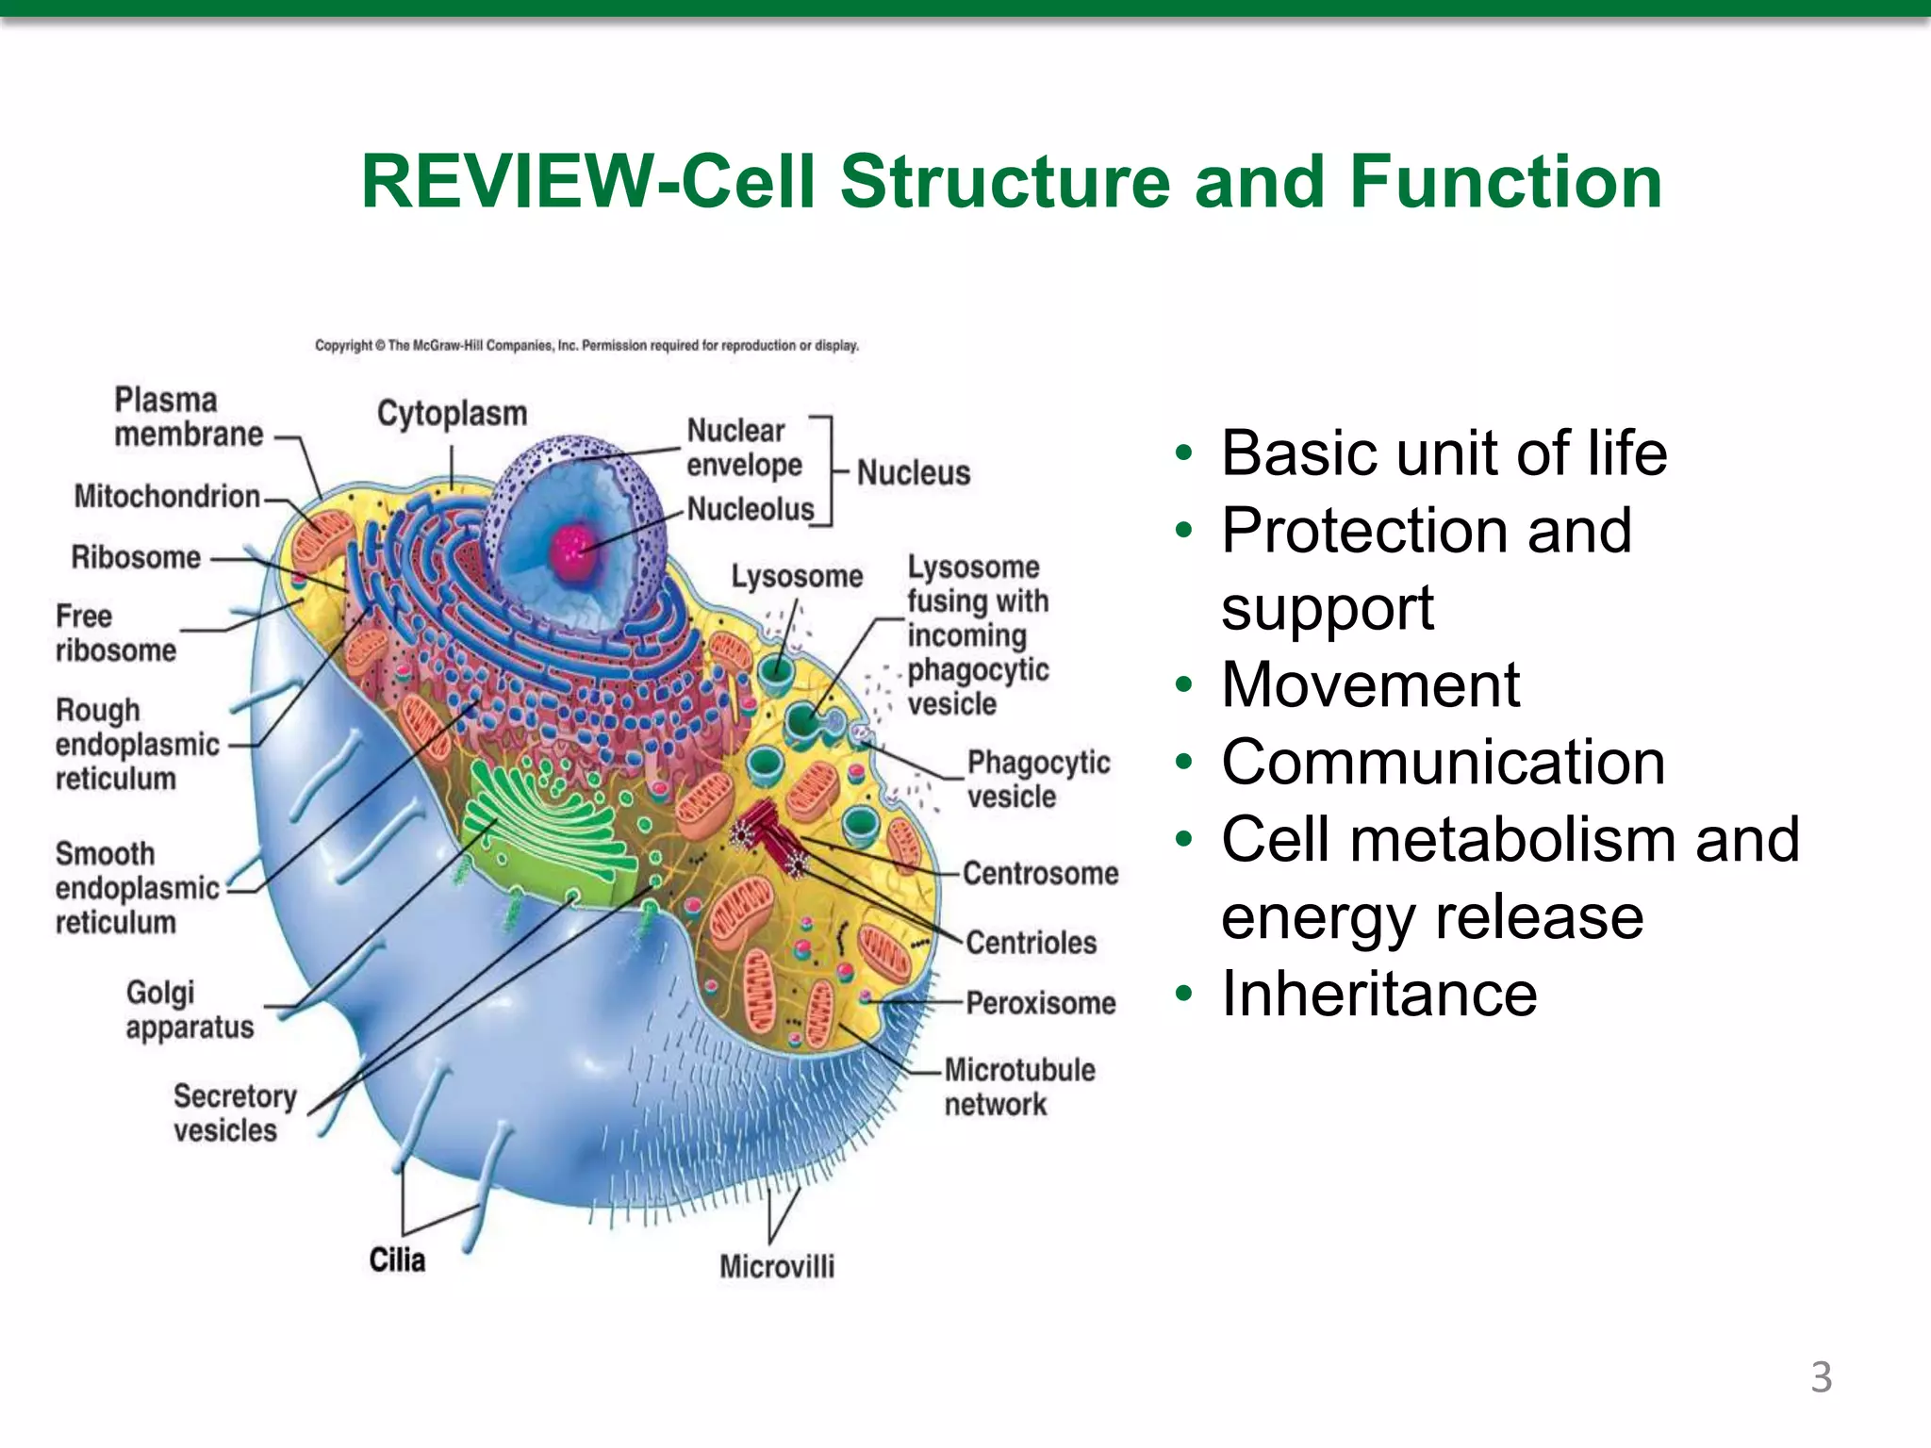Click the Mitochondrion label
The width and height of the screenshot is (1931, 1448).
pyautogui.click(x=167, y=496)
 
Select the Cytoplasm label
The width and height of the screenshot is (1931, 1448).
pyautogui.click(x=452, y=413)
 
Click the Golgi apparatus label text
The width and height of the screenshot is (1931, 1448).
pyautogui.click(x=189, y=1010)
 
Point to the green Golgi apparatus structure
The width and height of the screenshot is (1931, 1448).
pyautogui.click(x=547, y=830)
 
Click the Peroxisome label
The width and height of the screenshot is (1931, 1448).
pyautogui.click(x=1040, y=1002)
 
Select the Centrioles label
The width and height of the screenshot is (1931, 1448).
pyautogui.click(x=1031, y=942)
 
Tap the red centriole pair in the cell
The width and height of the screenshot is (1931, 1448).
pyautogui.click(x=769, y=835)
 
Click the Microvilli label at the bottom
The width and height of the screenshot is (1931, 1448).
pyautogui.click(x=777, y=1266)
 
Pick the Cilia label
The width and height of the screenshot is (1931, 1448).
pyautogui.click(x=397, y=1259)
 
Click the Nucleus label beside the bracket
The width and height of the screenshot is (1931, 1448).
pyautogui.click(x=913, y=472)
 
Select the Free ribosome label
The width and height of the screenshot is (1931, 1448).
pyautogui.click(x=115, y=633)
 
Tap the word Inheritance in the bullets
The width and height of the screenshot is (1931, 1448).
pyautogui.click(x=1378, y=994)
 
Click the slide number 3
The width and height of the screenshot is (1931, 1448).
pyautogui.click(x=1821, y=1377)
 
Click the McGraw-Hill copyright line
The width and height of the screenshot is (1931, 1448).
pyautogui.click(x=586, y=346)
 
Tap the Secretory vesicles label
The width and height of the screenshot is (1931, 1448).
pyautogui.click(x=234, y=1112)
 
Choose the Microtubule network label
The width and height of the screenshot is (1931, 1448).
pyautogui.click(x=1018, y=1087)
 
